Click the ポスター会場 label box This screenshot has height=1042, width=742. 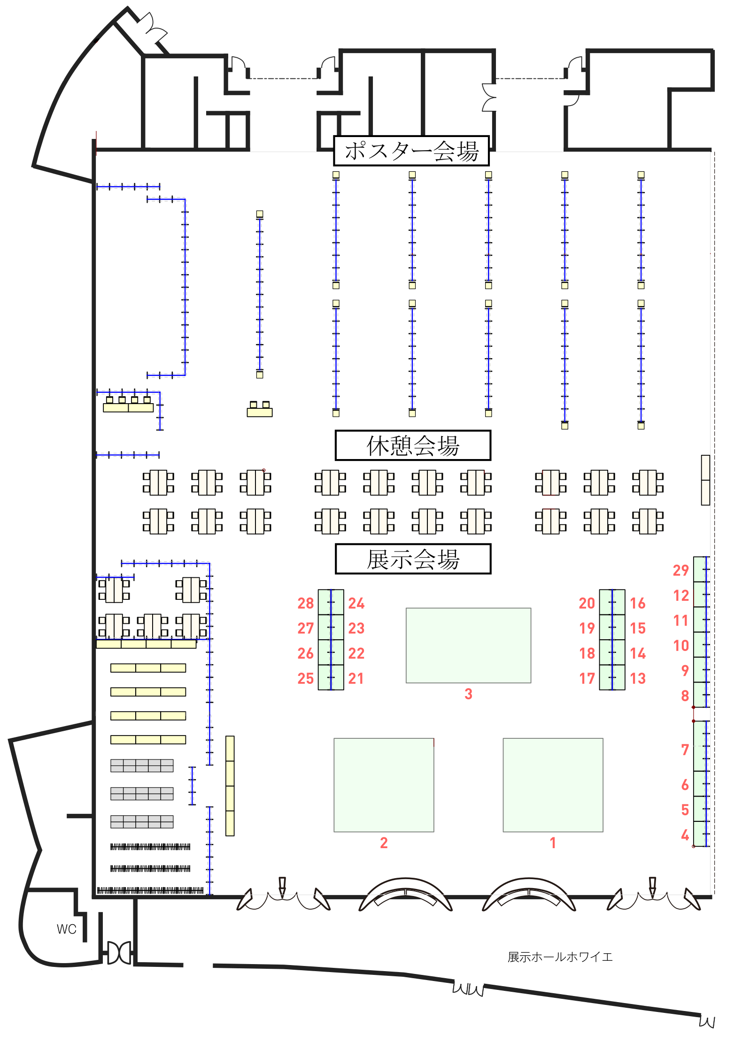pyautogui.click(x=411, y=151)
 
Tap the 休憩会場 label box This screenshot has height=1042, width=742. pyautogui.click(x=413, y=445)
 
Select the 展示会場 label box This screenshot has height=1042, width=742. pyautogui.click(x=413, y=559)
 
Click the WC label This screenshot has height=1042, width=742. pyautogui.click(x=66, y=929)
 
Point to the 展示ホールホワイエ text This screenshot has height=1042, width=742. pyautogui.click(x=560, y=957)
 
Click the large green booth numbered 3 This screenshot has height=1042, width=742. pyautogui.click(x=468, y=645)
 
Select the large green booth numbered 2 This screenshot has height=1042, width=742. pyautogui.click(x=384, y=785)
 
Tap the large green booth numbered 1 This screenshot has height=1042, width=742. pyautogui.click(x=553, y=785)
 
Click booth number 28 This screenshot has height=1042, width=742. pyautogui.click(x=325, y=603)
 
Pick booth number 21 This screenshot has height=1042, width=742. pyautogui.click(x=337, y=678)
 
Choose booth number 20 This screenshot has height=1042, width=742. pyautogui.click(x=606, y=603)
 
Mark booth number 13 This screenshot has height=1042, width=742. pyautogui.click(x=618, y=678)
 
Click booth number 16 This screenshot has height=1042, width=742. pyautogui.click(x=618, y=603)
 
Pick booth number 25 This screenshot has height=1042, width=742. pyautogui.click(x=325, y=678)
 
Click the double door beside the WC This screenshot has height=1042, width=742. pyautogui.click(x=119, y=952)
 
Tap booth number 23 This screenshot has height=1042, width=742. pyautogui.click(x=337, y=628)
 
